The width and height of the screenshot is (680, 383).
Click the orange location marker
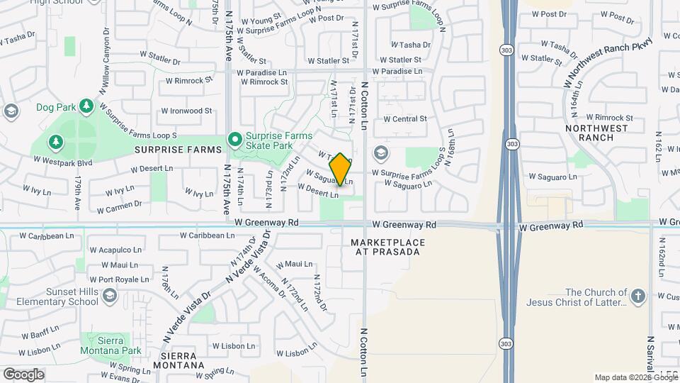[x=341, y=169]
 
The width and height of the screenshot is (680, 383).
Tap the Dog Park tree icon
[x=86, y=106]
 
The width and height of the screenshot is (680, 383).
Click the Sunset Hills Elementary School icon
[x=109, y=295]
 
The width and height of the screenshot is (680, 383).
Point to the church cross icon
[x=638, y=296]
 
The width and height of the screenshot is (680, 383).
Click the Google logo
[x=23, y=374]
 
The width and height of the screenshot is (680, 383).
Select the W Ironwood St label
[x=186, y=111]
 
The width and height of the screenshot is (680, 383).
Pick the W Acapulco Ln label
[x=115, y=250]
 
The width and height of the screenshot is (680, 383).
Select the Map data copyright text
[x=635, y=377]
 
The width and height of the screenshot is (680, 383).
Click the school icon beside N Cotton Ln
[x=381, y=153]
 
